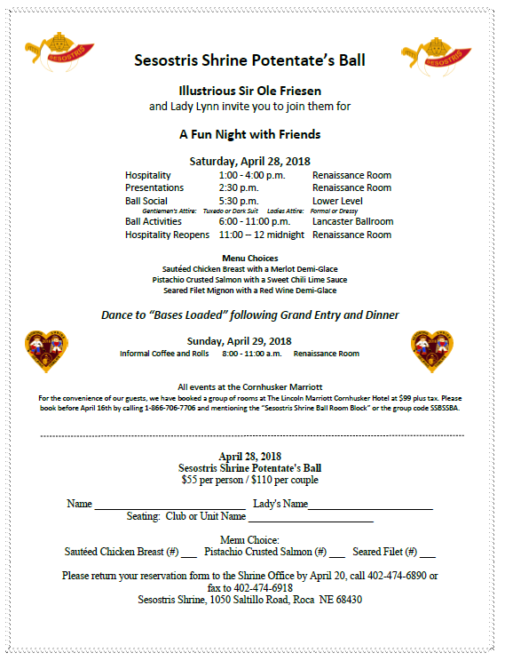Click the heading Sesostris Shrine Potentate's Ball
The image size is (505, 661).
click(249, 61)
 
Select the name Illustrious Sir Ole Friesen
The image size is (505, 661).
click(249, 91)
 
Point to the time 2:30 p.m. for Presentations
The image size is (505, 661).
click(239, 187)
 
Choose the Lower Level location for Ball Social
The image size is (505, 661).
click(337, 201)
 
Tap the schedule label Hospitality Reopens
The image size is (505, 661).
click(168, 235)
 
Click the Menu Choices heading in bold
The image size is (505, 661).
click(249, 259)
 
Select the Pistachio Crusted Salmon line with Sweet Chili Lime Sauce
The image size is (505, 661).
click(249, 279)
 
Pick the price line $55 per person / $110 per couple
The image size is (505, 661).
click(249, 480)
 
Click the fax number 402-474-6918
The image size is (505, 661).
click(262, 588)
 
